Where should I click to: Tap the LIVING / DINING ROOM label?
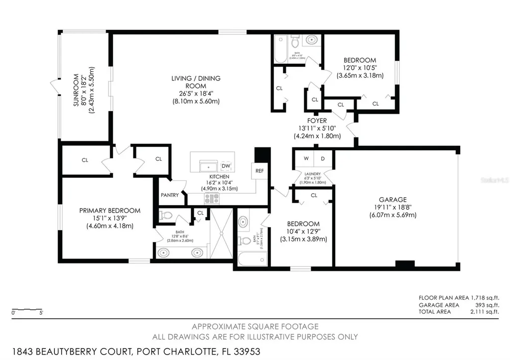click(196, 82)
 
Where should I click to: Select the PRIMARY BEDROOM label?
click(110, 211)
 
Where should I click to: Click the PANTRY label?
click(170, 195)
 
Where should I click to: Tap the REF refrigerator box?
click(259, 170)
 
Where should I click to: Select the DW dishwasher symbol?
click(226, 166)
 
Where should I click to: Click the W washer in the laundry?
click(306, 159)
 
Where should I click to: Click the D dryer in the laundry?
click(323, 159)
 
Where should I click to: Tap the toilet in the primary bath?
click(166, 216)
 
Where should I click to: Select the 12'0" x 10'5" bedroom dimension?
click(359, 68)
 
